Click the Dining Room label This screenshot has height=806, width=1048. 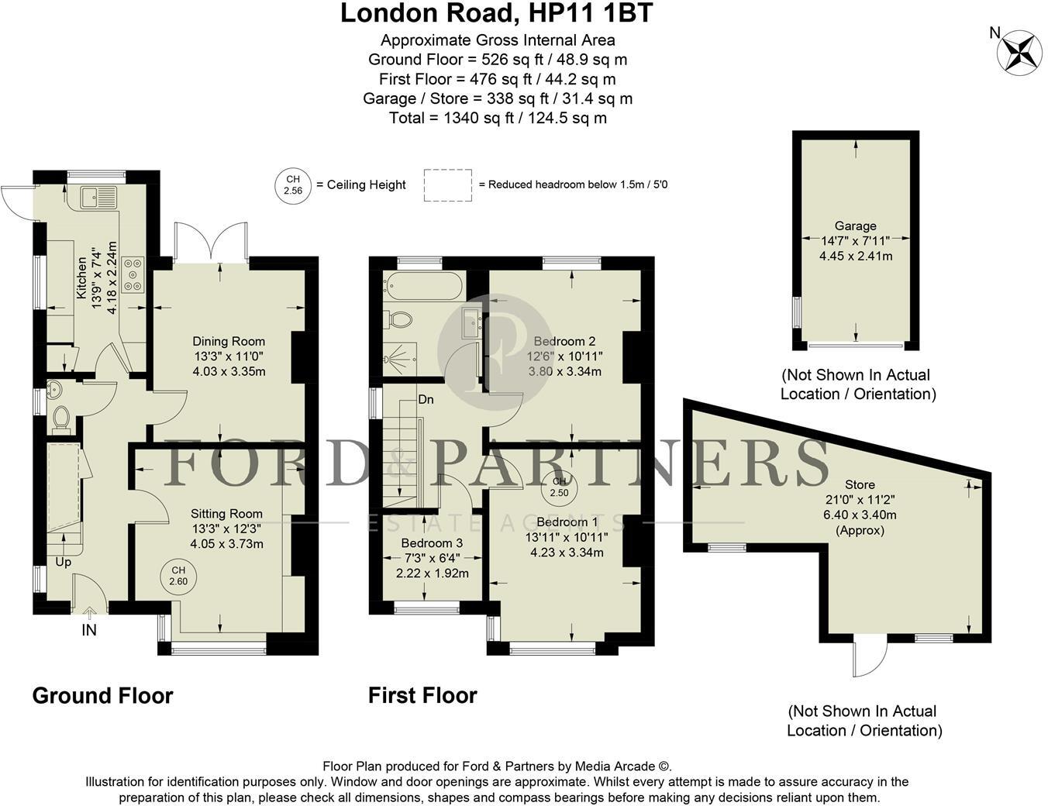(x=229, y=341)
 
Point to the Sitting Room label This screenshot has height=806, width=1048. (x=226, y=514)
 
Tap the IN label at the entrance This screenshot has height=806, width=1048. (x=89, y=631)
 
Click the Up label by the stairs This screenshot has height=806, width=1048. (x=64, y=562)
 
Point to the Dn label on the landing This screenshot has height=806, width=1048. (x=426, y=400)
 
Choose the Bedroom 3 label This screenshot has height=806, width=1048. (x=432, y=543)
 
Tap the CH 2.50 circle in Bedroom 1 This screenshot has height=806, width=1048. (x=560, y=487)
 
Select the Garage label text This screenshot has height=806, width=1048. (x=855, y=226)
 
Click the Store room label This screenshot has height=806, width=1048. (x=860, y=484)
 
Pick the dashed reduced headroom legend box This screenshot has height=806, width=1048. (x=447, y=185)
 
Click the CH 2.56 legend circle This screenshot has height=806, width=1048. (x=293, y=184)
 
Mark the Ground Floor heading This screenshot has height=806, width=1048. (x=102, y=695)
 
